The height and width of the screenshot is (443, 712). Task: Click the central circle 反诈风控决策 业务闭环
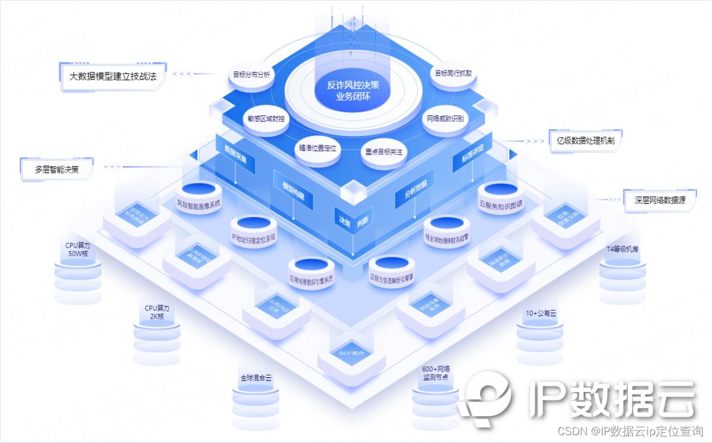click(353, 91)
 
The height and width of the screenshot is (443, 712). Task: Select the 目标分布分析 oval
click(252, 76)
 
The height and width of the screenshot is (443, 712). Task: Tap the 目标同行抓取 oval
click(453, 74)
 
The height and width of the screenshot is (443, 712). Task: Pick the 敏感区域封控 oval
click(266, 118)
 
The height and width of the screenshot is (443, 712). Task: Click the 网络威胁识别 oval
click(445, 118)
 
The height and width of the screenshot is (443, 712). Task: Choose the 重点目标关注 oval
click(384, 151)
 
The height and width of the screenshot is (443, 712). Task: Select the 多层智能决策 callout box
click(57, 169)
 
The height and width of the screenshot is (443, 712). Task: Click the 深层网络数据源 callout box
click(660, 201)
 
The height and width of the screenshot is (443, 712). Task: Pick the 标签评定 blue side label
click(472, 152)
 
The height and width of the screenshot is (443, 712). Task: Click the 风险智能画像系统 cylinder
click(199, 197)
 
